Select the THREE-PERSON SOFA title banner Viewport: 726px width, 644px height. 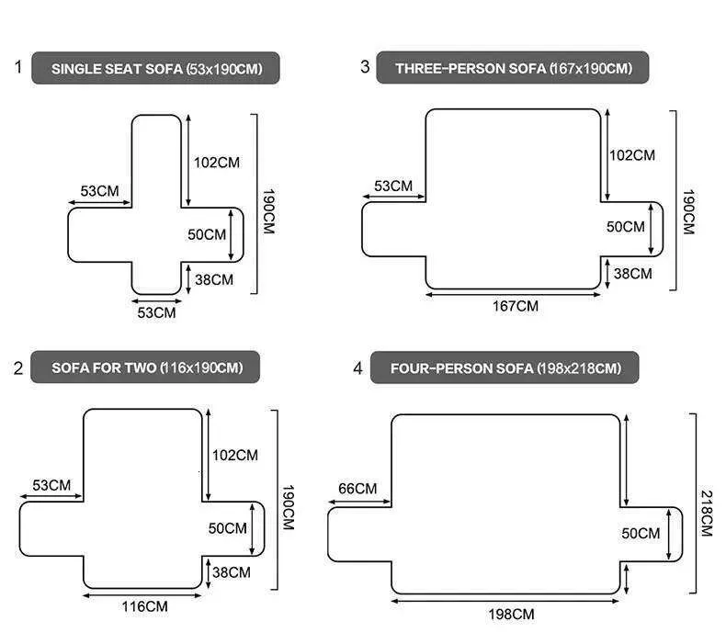512,68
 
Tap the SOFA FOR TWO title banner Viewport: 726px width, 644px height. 144,367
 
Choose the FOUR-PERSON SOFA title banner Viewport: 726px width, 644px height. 505,368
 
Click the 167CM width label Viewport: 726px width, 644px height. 515,306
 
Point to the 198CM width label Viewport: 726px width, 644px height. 510,614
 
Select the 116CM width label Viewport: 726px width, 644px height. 144,606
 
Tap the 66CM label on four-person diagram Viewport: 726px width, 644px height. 357,488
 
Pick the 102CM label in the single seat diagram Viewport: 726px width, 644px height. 216,163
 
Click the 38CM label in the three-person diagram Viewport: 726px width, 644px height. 632,273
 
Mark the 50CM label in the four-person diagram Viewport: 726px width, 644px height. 641,533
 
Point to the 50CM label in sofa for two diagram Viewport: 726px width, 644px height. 228,528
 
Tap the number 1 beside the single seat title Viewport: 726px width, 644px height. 17,67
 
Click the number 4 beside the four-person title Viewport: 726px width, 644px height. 357,368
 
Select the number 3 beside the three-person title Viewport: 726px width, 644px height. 364,67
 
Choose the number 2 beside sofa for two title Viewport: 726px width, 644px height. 17,368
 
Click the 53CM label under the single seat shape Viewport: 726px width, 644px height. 156,312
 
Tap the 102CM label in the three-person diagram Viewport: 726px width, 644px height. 632,155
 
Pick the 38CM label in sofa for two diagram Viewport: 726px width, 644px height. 231,572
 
